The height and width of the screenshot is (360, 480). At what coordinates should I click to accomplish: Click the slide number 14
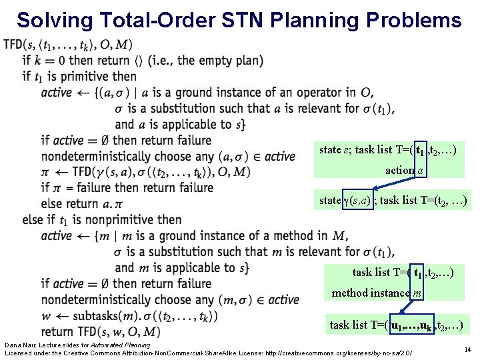(x=467, y=349)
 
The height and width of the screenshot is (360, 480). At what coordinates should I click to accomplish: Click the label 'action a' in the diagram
(x=403, y=170)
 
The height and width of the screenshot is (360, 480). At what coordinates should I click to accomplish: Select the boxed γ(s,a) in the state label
(x=357, y=200)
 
